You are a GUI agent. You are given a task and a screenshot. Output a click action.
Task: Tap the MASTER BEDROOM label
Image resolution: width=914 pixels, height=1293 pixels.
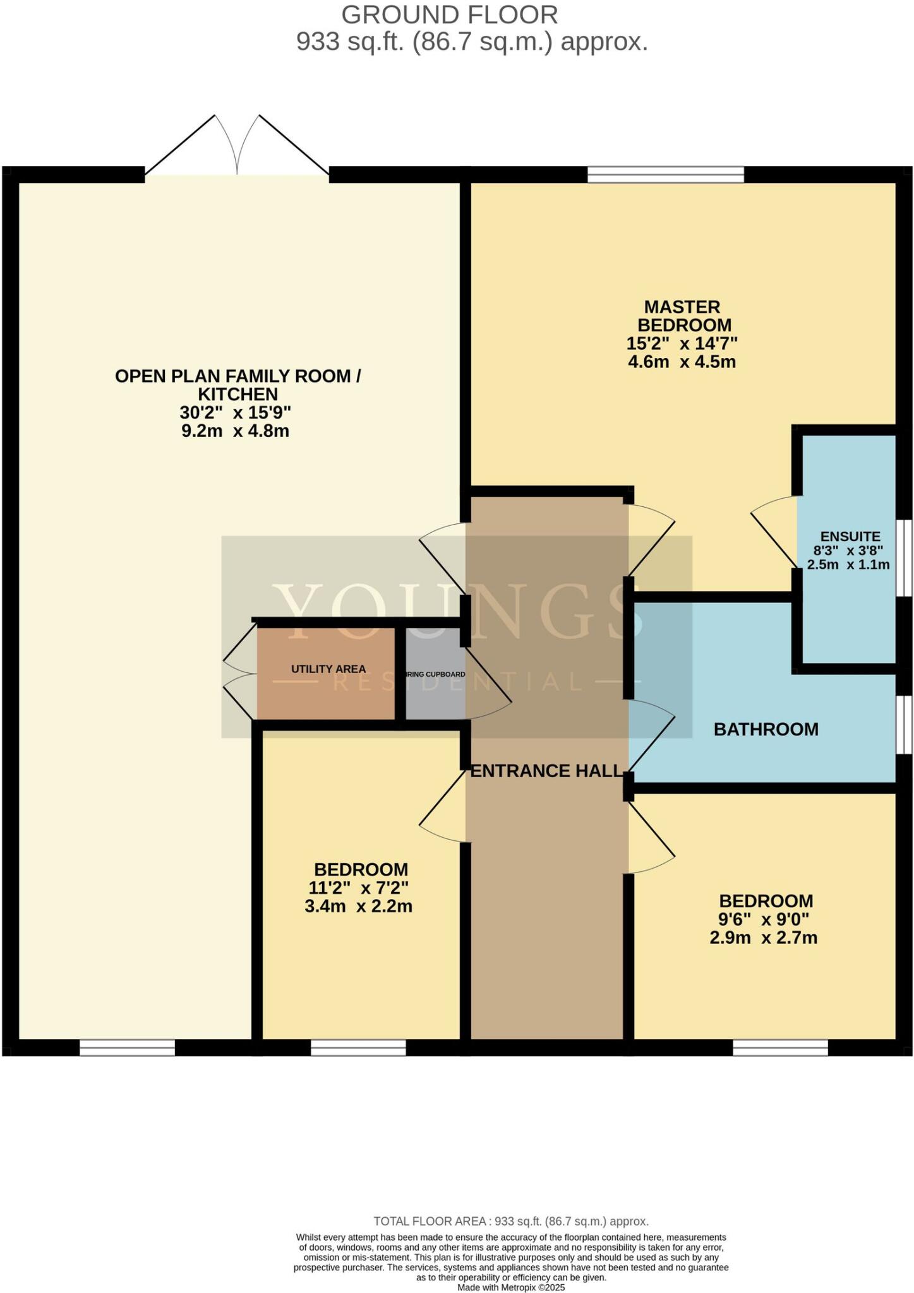click(x=682, y=316)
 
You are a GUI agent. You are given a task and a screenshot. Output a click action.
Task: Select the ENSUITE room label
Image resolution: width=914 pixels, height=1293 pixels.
click(x=850, y=537)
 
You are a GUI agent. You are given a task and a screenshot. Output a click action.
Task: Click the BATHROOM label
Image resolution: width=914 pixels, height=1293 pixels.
click(x=766, y=730)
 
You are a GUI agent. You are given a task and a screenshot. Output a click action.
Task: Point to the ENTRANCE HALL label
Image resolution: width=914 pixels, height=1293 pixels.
click(x=546, y=771)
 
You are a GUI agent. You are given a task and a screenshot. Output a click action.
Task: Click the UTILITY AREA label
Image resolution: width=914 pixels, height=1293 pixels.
click(x=328, y=669)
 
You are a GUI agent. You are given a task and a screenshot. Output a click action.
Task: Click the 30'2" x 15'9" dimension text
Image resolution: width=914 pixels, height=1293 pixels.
click(x=236, y=413)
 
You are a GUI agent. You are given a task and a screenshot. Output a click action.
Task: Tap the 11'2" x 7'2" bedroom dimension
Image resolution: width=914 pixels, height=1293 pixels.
click(x=358, y=888)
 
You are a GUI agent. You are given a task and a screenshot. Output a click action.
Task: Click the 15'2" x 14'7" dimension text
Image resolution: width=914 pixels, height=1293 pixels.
click(x=682, y=343)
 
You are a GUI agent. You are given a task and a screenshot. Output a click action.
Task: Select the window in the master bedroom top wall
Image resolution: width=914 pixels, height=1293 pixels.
click(x=665, y=174)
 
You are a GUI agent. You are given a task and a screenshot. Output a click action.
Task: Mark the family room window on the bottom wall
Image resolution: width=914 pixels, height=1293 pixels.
click(x=126, y=1048)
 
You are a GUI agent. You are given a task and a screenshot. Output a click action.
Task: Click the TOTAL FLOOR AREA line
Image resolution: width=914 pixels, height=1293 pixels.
click(x=510, y=1221)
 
